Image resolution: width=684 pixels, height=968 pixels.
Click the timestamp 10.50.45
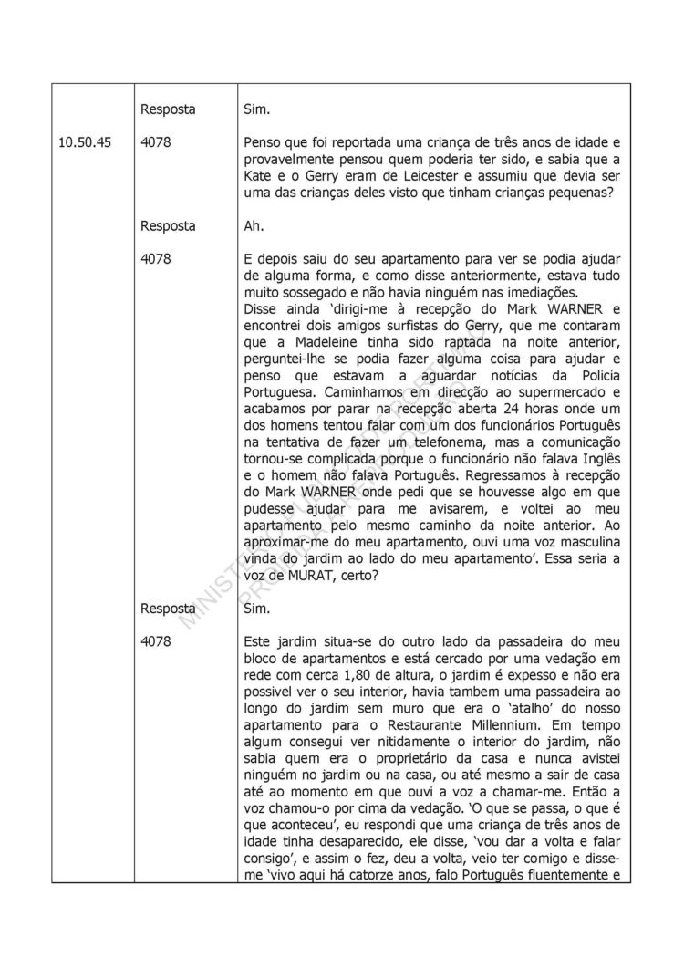pyautogui.click(x=87, y=143)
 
